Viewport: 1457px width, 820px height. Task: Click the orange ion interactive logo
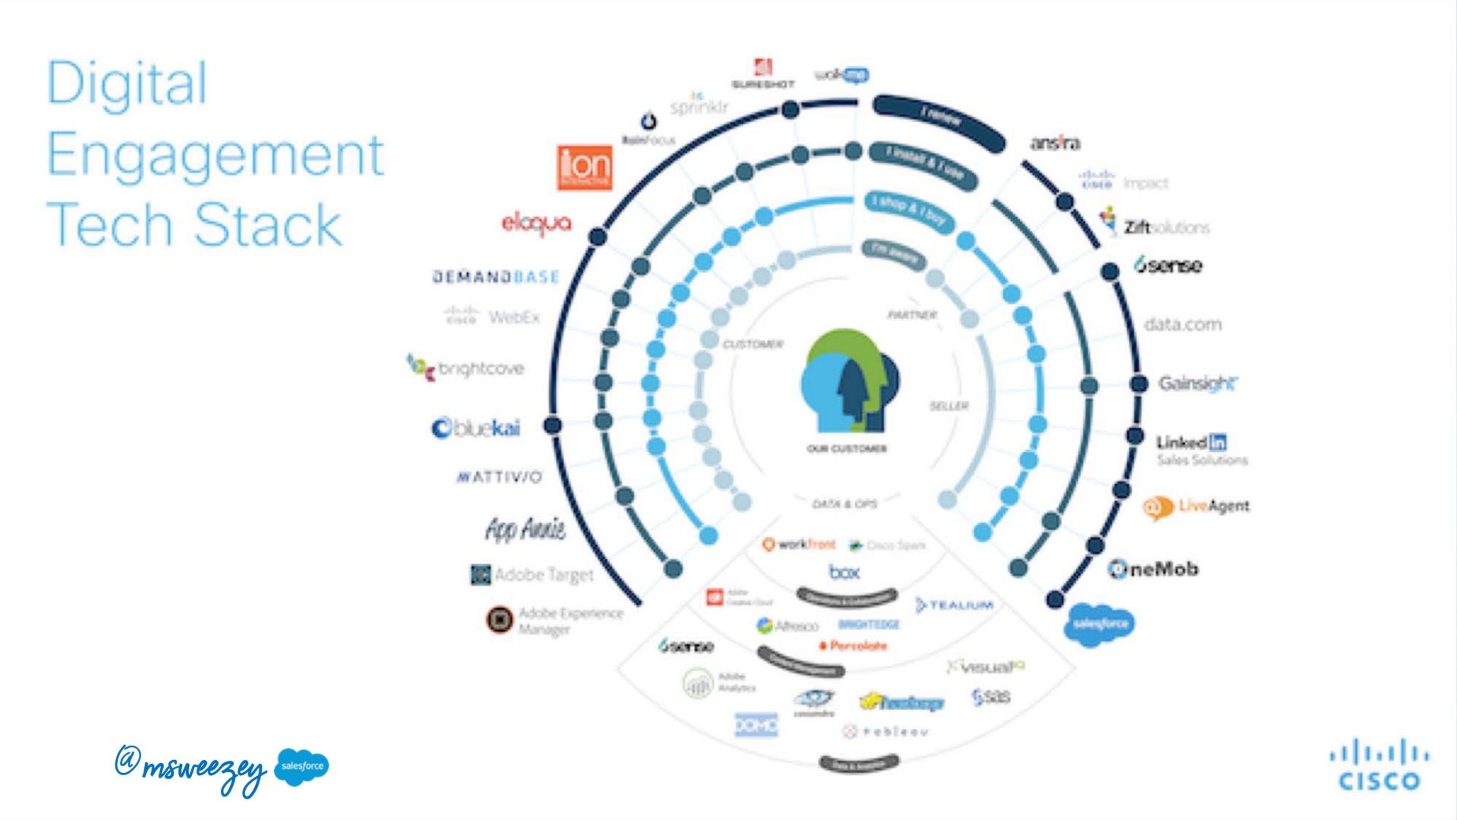[x=584, y=167]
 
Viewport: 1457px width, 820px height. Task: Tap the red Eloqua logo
[x=536, y=223]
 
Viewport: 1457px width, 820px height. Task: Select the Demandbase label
[x=496, y=277]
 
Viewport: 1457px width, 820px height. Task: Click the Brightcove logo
[x=465, y=368]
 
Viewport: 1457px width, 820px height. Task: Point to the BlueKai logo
[x=476, y=428]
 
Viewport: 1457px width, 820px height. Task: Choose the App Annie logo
[x=525, y=529]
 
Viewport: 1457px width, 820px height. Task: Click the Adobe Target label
[x=532, y=575]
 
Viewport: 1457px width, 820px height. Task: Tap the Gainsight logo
[x=1197, y=383]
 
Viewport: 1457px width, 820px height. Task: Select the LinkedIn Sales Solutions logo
[x=1201, y=449]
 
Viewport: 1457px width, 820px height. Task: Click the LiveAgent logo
[x=1196, y=506]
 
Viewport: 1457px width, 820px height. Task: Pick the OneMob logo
[x=1153, y=569]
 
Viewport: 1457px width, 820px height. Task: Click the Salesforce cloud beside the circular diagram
[x=1100, y=624]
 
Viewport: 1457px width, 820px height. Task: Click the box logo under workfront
[x=844, y=572]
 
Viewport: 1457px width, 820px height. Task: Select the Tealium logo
[x=954, y=605]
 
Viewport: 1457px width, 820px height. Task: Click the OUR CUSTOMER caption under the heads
[x=846, y=449]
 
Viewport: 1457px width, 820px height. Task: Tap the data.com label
[x=1182, y=325]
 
